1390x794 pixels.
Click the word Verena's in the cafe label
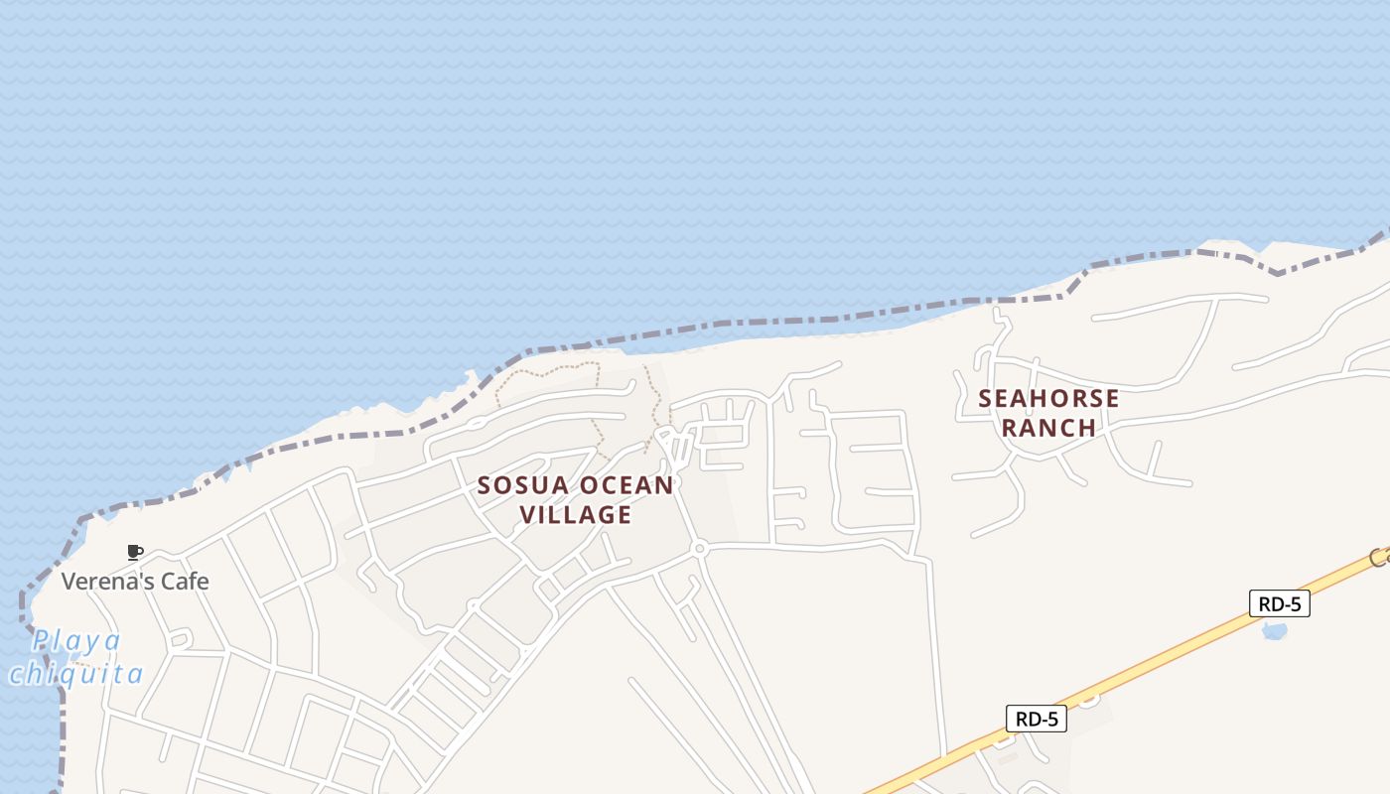pos(100,581)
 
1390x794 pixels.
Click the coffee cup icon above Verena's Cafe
pos(135,552)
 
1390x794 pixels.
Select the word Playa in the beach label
pos(76,641)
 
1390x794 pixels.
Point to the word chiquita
pos(76,675)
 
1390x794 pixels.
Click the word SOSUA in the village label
pos(523,486)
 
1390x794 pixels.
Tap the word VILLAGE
pos(576,514)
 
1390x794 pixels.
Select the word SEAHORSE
pos(1048,399)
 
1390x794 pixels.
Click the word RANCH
pos(1048,428)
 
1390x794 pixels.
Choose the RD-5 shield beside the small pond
pos(1279,603)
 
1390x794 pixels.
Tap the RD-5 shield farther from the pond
pos(1037,719)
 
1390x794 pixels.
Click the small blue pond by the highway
pos(1273,630)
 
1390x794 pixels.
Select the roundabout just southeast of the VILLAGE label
pos(700,548)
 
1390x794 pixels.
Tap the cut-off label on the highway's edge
pos(1380,558)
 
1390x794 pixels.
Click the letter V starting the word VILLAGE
pos(527,514)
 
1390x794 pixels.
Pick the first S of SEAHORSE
pos(986,399)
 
